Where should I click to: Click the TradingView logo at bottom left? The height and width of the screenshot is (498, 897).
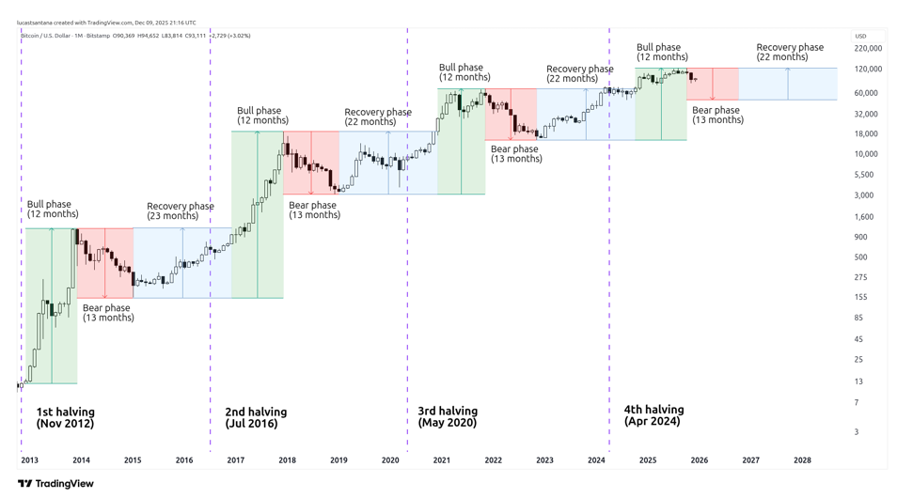(x=55, y=484)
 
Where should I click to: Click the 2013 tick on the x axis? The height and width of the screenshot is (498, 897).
(x=29, y=460)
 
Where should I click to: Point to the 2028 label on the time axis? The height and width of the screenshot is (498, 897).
(x=801, y=460)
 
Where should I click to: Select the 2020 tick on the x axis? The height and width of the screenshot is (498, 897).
(x=390, y=460)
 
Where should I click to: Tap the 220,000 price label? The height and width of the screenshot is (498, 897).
(x=868, y=48)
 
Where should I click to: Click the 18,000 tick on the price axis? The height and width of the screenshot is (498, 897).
(x=866, y=134)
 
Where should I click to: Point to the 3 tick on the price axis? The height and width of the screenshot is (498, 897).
(x=857, y=432)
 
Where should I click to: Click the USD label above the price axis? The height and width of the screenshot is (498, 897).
(x=860, y=36)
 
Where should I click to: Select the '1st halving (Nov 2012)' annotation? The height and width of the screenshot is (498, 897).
(x=65, y=418)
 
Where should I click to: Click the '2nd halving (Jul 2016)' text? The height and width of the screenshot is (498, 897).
(x=256, y=418)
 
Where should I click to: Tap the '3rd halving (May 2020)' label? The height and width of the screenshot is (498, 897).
(x=448, y=417)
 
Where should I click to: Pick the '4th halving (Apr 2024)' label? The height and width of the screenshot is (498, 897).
(x=653, y=415)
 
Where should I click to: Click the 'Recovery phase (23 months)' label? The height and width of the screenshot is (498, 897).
(x=180, y=211)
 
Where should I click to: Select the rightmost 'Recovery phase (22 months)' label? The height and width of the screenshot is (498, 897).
(x=790, y=52)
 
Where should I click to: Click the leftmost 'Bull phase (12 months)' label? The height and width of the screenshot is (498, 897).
(x=53, y=209)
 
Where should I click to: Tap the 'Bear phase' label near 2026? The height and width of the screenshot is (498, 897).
(x=716, y=115)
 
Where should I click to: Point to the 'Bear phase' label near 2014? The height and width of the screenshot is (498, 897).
(x=107, y=313)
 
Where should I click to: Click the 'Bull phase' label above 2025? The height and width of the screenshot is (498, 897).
(x=661, y=52)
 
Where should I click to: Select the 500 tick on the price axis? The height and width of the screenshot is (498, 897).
(x=860, y=257)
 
